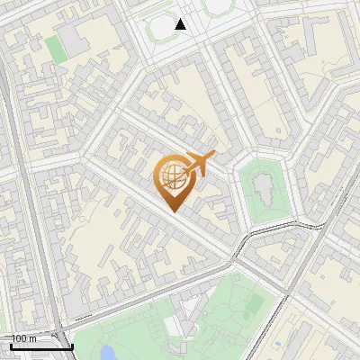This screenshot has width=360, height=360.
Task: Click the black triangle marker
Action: tap(181, 24)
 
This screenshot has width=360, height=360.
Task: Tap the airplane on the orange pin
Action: tap(200, 163)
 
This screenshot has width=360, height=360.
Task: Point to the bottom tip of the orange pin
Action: tap(173, 212)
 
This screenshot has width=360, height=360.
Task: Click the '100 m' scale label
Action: tap(24, 338)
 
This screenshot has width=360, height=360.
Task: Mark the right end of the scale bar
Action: tap(72, 346)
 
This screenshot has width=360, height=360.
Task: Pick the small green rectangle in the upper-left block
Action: tap(56, 49)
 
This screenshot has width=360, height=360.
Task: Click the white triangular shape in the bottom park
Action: tap(184, 306)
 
